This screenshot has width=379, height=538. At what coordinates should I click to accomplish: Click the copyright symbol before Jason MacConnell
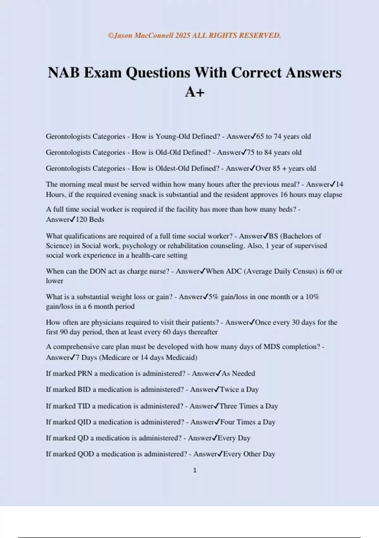111,35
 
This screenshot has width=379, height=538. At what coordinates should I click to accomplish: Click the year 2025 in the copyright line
183,35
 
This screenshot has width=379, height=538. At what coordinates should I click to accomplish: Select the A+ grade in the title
195,92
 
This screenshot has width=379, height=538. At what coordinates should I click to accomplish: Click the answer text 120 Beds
90,219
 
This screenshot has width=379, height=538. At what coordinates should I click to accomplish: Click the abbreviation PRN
85,373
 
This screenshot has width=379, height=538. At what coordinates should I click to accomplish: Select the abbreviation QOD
86,454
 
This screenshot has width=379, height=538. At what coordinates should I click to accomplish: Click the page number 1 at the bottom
195,470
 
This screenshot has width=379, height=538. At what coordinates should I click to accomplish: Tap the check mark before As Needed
218,373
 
